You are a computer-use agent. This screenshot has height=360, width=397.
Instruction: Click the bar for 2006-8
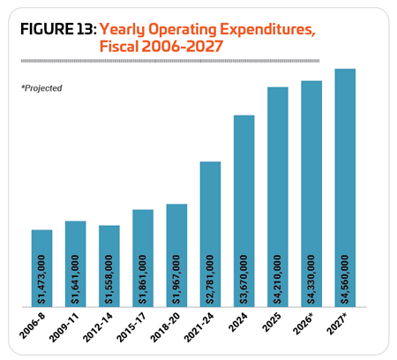41,268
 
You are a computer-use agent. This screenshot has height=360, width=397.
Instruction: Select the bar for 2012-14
109,266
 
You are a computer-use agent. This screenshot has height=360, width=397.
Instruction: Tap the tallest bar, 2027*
345,188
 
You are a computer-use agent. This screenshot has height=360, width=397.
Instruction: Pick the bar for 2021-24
210,234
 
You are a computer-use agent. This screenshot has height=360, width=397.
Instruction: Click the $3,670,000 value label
243,280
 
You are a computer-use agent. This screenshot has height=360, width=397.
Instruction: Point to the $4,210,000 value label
277,280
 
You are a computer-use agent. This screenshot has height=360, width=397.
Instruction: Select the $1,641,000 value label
75,280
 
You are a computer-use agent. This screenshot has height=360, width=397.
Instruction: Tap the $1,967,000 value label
176,280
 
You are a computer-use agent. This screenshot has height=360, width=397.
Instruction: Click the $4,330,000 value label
311,280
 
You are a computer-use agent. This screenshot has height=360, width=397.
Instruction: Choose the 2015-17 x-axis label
131,327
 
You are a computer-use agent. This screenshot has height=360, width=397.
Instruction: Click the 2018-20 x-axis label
165,327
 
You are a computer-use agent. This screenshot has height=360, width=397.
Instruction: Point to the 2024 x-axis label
238,322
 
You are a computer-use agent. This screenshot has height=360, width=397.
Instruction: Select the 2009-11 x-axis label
64,327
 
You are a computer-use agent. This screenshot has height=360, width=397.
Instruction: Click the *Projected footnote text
41,88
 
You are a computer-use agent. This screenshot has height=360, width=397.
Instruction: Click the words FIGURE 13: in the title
58,29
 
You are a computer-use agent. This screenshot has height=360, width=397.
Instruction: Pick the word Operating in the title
183,30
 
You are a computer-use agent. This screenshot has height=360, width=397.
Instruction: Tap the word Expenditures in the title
268,30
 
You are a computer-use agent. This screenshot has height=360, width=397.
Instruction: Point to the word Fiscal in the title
119,47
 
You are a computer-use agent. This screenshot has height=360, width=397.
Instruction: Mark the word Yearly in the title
123,30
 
